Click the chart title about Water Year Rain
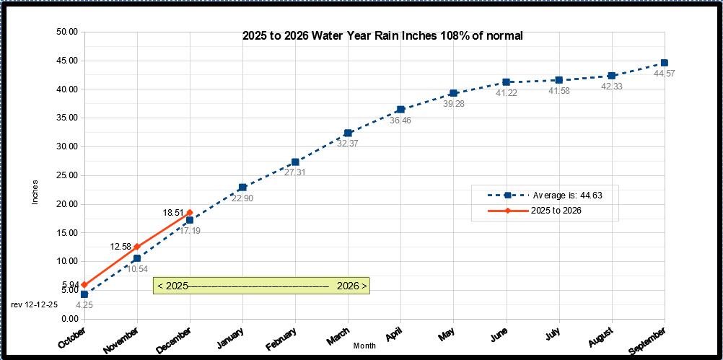coord(382,35)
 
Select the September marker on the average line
coord(664,63)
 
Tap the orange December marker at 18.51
coord(190,212)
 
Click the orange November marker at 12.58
coord(137,247)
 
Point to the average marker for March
coord(348,133)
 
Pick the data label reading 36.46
coord(401,120)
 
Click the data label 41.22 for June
coord(507,93)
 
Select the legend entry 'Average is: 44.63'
coord(564,195)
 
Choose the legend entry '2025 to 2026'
coord(556,211)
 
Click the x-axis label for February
coord(281,339)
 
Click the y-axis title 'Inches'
coord(35,191)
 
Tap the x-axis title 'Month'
coord(364,346)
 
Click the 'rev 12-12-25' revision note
coord(35,304)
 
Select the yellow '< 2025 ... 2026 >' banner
coord(262,286)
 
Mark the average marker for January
coord(242,188)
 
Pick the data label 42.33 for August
coord(612,87)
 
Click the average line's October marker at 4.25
coord(84,294)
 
